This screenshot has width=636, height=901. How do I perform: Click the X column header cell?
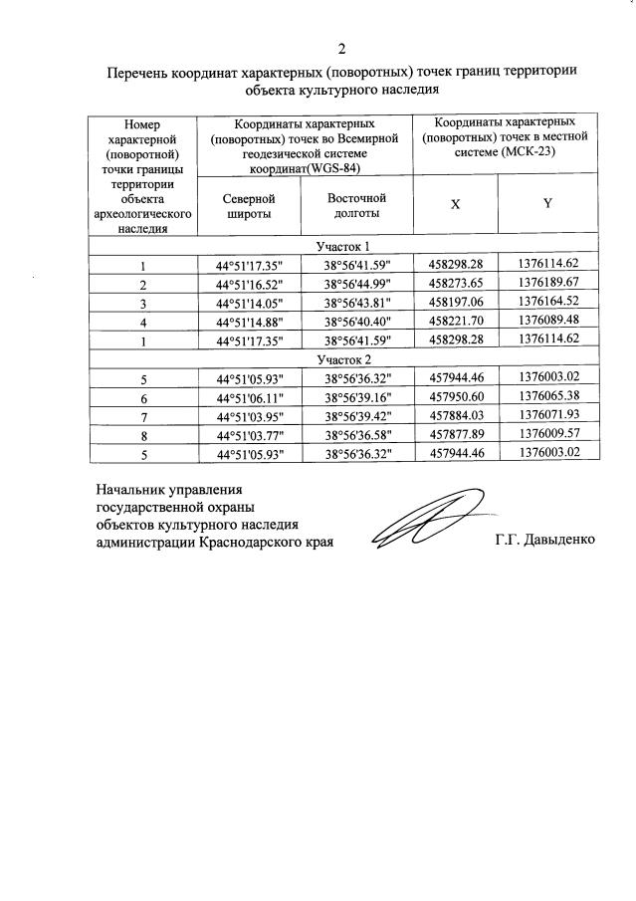click(455, 203)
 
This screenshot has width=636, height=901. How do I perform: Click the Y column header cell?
click(547, 203)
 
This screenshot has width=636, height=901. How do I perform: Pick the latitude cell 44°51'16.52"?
click(249, 284)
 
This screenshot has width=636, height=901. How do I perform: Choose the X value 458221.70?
click(455, 322)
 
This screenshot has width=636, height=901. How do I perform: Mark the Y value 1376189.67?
click(548, 283)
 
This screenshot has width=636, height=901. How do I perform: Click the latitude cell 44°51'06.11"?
click(249, 396)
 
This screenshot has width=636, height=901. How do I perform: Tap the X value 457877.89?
click(455, 434)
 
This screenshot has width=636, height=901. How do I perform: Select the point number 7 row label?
click(143, 415)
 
